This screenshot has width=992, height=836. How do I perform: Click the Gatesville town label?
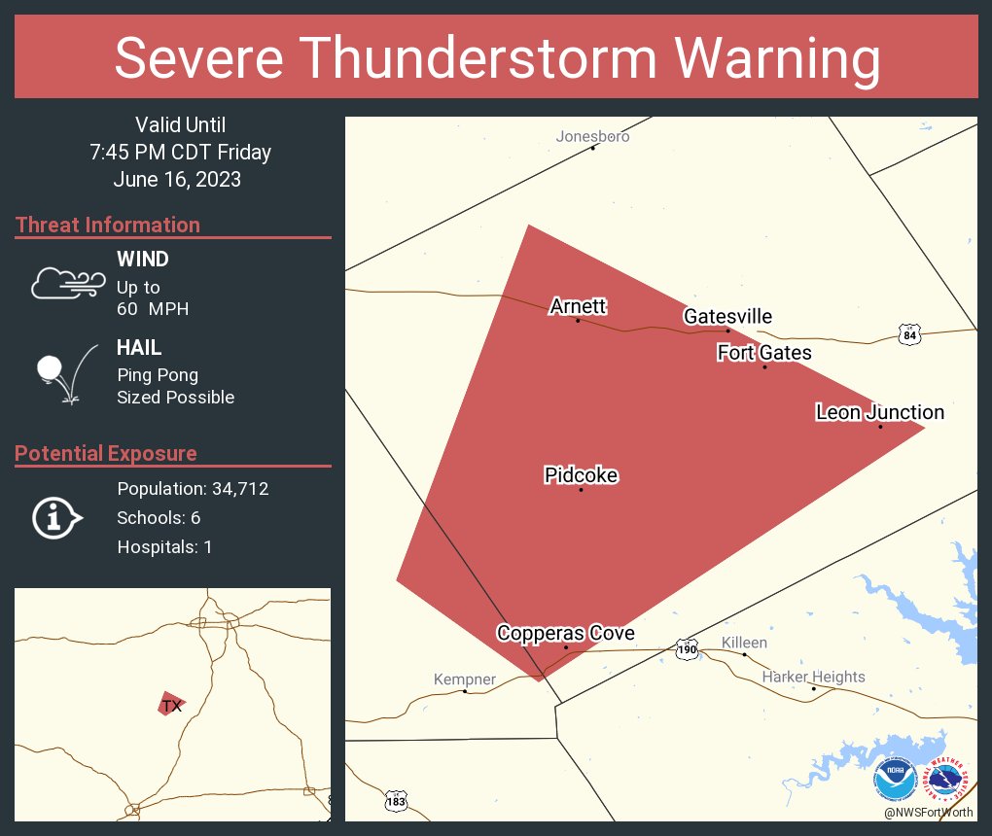click(x=727, y=317)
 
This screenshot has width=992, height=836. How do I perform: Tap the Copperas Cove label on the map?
click(x=565, y=634)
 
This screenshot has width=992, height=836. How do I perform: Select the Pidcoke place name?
click(x=581, y=475)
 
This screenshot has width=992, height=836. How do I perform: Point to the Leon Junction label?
click(x=879, y=413)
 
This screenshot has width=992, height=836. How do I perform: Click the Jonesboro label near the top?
click(x=592, y=136)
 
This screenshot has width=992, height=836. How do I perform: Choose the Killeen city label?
click(x=744, y=643)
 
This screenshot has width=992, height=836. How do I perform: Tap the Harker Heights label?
click(x=813, y=677)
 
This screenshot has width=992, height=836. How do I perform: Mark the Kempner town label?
click(x=464, y=679)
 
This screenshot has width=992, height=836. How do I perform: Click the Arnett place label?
click(x=578, y=307)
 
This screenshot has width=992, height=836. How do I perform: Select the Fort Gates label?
click(x=764, y=353)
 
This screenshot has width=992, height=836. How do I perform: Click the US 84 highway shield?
click(x=908, y=334)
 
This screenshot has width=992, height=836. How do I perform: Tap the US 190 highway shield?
click(x=688, y=648)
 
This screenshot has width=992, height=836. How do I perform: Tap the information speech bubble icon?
click(x=57, y=518)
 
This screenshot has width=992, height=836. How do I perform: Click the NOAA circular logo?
click(x=895, y=779)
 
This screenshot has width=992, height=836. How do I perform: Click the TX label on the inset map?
click(x=172, y=706)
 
